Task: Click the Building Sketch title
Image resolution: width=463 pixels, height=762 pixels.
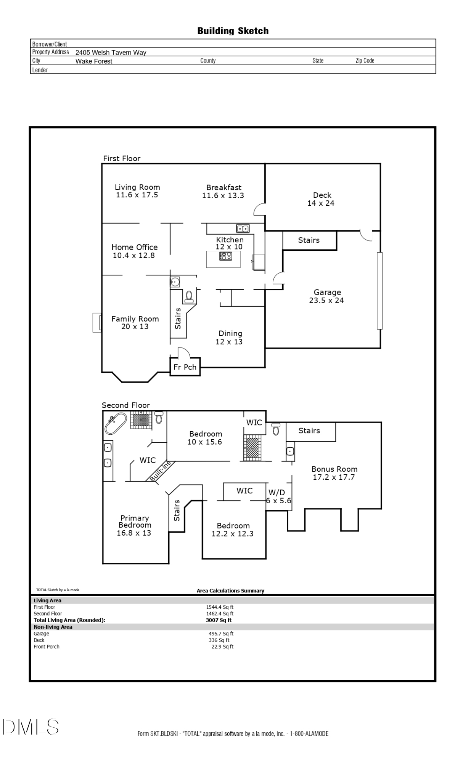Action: pyautogui.click(x=233, y=31)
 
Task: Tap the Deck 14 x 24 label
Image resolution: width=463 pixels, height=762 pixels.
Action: pyautogui.click(x=321, y=199)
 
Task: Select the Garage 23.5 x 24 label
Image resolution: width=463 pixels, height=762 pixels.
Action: pyautogui.click(x=327, y=296)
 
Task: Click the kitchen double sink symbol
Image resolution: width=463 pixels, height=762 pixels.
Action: pyautogui.click(x=243, y=229)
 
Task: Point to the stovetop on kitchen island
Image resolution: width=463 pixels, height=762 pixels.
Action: pyautogui.click(x=225, y=256)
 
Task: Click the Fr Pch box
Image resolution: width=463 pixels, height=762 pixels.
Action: pyautogui.click(x=185, y=367)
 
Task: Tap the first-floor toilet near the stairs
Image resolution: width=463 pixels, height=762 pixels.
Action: pyautogui.click(x=189, y=297)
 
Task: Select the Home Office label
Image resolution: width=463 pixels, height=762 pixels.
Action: pyautogui.click(x=134, y=251)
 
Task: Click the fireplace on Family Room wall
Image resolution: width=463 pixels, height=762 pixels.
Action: pyautogui.click(x=97, y=322)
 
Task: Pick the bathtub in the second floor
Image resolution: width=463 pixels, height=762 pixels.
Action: pyautogui.click(x=116, y=423)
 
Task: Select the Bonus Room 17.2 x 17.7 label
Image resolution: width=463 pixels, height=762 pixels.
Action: pyautogui.click(x=334, y=473)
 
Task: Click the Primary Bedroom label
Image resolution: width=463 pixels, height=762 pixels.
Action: pyautogui.click(x=134, y=525)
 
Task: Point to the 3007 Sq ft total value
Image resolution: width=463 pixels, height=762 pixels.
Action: pyautogui.click(x=219, y=620)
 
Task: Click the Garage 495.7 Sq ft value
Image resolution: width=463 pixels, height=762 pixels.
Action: pyautogui.click(x=221, y=634)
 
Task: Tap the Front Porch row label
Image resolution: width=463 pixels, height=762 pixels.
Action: pyautogui.click(x=47, y=647)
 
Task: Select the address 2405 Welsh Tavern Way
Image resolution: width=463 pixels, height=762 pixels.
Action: pyautogui.click(x=111, y=53)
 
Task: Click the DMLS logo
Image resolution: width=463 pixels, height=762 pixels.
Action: pyautogui.click(x=31, y=727)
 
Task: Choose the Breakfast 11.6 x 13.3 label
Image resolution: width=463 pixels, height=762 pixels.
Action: pyautogui.click(x=223, y=191)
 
